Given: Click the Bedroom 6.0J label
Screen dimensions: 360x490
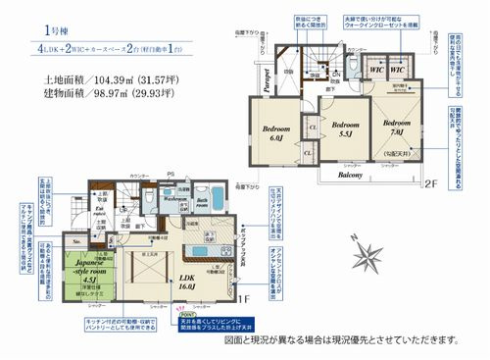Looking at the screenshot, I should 272,134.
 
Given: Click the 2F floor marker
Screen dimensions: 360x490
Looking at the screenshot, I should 427,182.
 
